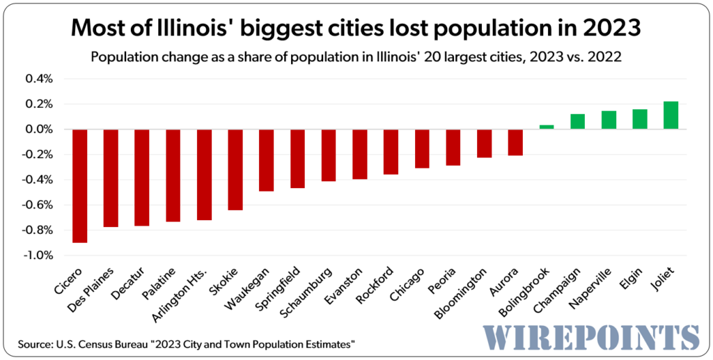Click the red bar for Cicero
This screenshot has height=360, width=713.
(x=80, y=186)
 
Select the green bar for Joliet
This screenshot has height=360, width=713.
(x=671, y=115)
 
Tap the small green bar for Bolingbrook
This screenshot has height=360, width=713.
(x=547, y=127)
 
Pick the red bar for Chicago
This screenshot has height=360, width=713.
(x=422, y=148)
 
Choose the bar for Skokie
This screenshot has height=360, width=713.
(x=235, y=169)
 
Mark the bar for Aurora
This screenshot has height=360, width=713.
(x=515, y=142)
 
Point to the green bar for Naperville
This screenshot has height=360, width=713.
(x=609, y=120)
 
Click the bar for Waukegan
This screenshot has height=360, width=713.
(x=266, y=160)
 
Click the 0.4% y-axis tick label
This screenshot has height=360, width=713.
(x=39, y=79)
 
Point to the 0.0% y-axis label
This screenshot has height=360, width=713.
(x=39, y=130)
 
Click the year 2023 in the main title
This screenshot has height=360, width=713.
(x=605, y=29)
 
